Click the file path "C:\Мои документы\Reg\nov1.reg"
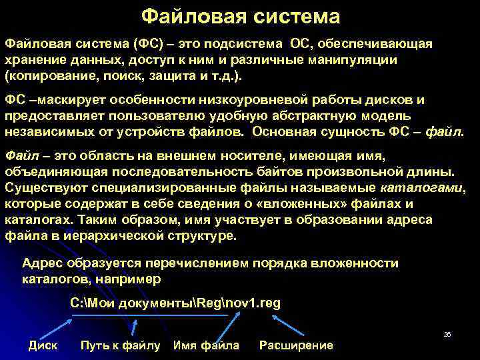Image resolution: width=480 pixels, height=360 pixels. (x=175, y=303)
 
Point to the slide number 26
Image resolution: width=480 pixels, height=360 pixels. (x=447, y=334)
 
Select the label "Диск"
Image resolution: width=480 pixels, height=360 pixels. (x=43, y=345)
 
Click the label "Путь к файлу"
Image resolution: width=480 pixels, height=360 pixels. (x=120, y=345)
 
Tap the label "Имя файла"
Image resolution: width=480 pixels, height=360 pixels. (x=206, y=345)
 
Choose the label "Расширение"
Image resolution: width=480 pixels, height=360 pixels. (x=296, y=345)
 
